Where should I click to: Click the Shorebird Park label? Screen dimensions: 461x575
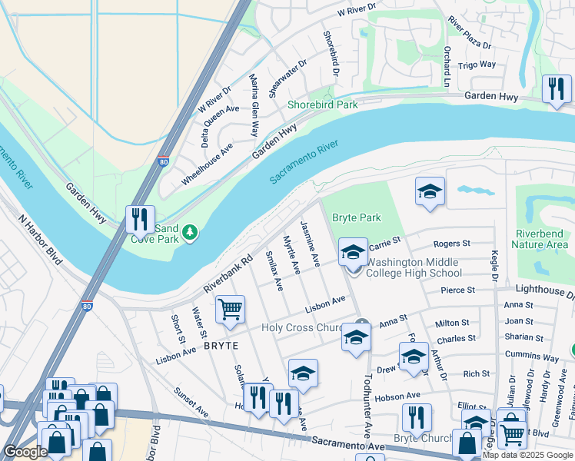coord(323,104)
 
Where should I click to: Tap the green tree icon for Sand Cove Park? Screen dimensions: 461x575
coord(188,230)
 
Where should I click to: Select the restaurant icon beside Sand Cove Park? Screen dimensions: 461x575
coord(140,220)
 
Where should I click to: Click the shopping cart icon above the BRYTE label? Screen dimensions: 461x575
coord(230,309)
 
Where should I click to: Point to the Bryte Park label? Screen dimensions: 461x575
coord(356,218)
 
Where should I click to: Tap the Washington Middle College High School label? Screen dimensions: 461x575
coord(414,267)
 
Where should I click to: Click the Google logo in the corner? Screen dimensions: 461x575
coord(25,453)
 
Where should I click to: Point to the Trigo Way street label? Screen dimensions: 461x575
coord(477,65)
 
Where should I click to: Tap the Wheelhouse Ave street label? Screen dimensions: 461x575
coord(207,164)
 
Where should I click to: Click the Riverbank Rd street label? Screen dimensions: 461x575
coord(228,274)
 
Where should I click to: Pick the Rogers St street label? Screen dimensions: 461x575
coord(451,244)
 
